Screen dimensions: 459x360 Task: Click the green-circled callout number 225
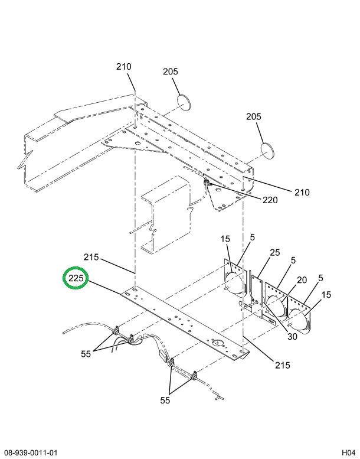coord(77,278)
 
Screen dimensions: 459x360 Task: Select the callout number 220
coord(270,200)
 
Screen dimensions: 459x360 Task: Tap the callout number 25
coord(274,253)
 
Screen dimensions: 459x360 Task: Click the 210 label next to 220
coord(302,192)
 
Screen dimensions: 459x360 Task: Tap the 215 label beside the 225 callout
coord(91,258)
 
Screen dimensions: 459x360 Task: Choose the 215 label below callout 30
coord(282,364)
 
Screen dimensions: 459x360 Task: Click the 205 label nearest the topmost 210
coord(171,72)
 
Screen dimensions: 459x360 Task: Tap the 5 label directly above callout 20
coord(293,261)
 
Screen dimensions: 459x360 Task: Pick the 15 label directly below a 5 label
coord(326,295)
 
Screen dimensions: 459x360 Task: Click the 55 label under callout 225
coord(86,354)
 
